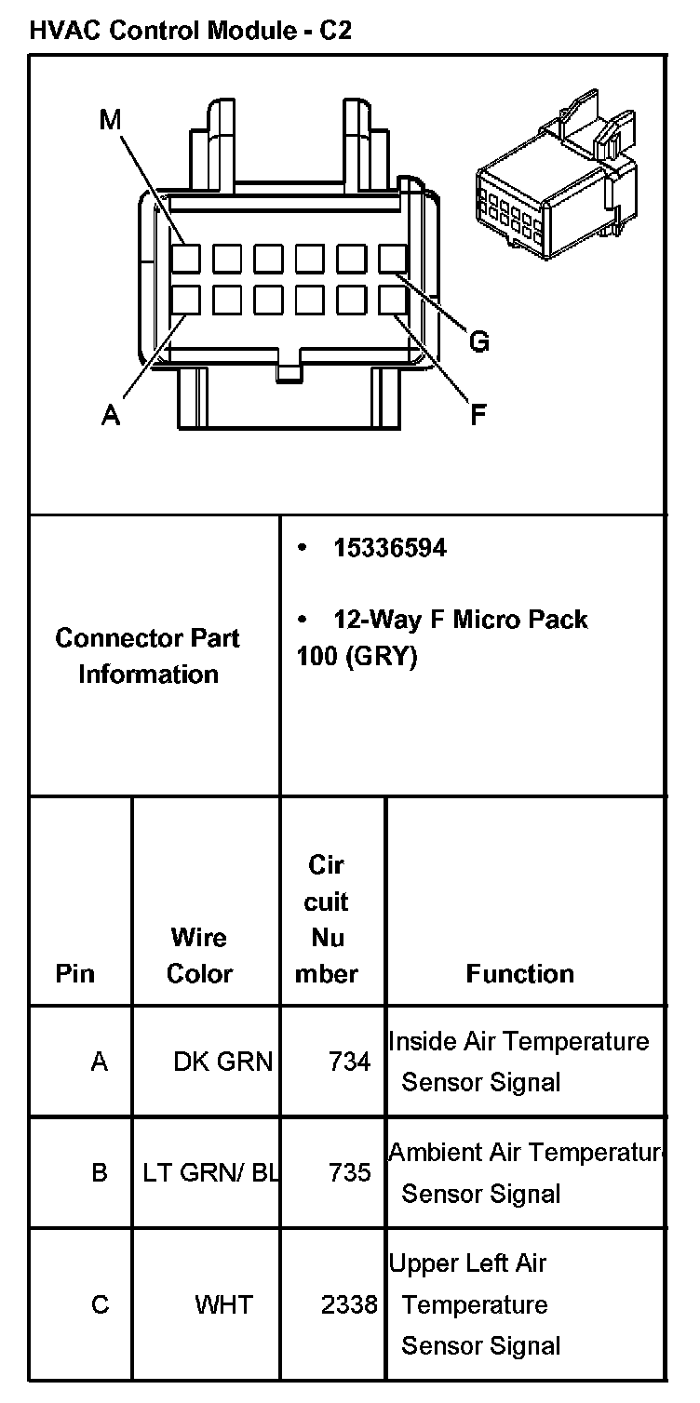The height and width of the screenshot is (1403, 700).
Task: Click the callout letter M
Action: [x=111, y=119]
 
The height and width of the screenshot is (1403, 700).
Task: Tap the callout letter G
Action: [x=478, y=341]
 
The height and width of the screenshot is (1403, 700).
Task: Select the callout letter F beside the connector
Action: [x=478, y=413]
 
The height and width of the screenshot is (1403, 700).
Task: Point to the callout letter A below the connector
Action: [x=111, y=416]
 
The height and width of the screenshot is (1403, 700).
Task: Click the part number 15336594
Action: [x=389, y=548]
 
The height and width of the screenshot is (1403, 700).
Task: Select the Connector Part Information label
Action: [x=147, y=656]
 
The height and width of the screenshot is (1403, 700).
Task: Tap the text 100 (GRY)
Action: [x=357, y=656]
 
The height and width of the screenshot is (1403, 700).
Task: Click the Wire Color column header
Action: [x=199, y=955]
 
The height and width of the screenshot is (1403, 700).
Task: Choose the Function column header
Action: [x=519, y=973]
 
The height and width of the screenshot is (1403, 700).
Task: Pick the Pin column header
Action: [x=75, y=973]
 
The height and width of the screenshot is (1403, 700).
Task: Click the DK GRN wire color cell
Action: [x=223, y=1062]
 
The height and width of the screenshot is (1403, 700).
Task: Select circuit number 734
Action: [x=349, y=1062]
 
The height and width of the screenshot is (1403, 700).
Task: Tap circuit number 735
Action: [x=349, y=1172]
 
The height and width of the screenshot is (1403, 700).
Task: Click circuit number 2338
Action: [x=349, y=1304]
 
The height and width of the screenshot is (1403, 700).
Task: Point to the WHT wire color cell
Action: [x=223, y=1304]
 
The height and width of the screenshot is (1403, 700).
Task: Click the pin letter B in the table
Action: [x=100, y=1172]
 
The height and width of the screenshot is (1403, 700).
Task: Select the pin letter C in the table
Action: [x=100, y=1304]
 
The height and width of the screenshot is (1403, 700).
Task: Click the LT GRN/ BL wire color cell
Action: [x=210, y=1172]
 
